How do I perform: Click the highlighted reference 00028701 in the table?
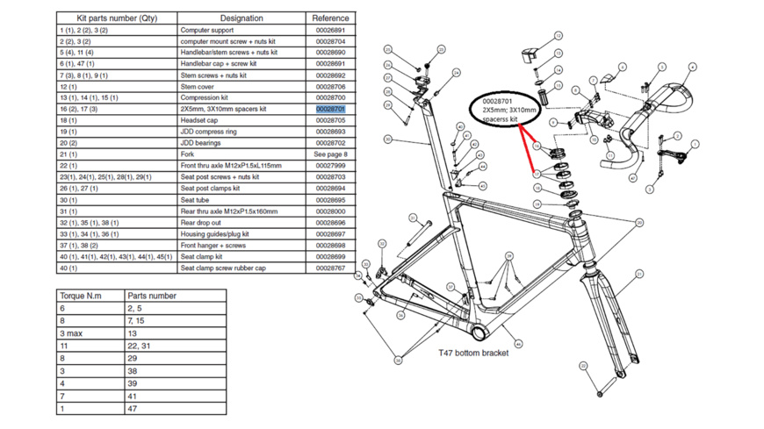[330, 109]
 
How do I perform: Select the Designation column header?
[241, 18]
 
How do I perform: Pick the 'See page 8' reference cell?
[330, 154]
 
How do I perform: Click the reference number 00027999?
[330, 166]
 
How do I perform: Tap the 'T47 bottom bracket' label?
[473, 353]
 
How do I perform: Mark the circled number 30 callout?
[639, 223]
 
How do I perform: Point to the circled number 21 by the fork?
[640, 275]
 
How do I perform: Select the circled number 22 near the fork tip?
[583, 365]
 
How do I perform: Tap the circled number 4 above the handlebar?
[693, 68]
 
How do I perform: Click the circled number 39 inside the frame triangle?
[508, 256]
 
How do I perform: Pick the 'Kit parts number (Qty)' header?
[116, 18]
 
